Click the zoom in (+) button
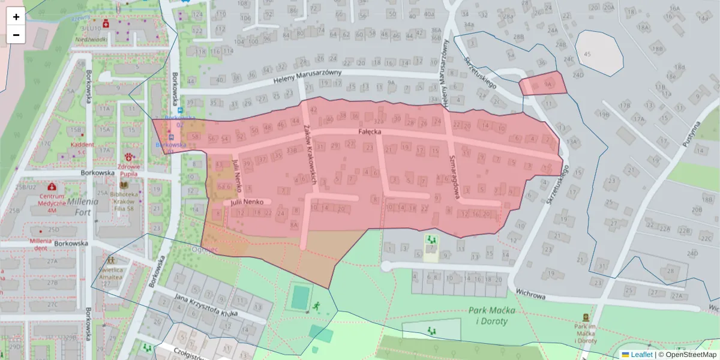[x=16, y=17]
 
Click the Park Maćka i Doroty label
[x=487, y=316]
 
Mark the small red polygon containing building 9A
[x=543, y=84]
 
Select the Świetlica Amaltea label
[x=112, y=274]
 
